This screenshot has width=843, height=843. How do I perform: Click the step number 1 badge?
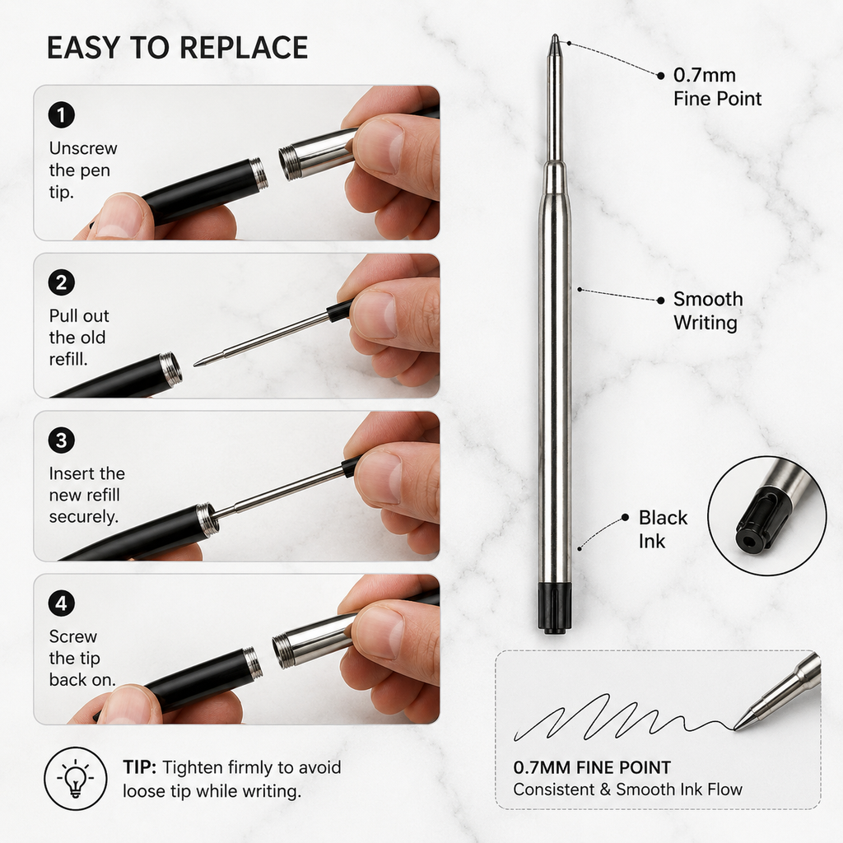tap(61, 114)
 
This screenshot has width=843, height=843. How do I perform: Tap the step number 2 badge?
tap(61, 282)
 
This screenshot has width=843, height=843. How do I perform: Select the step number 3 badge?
tap(61, 440)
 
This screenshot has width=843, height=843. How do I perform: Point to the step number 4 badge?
tap(61, 603)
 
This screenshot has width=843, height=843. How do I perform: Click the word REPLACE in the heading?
tap(243, 47)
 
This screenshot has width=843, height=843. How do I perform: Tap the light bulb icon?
tap(76, 778)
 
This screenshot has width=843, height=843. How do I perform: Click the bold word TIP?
tap(139, 767)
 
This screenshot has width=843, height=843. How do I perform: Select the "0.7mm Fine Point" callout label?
tap(717, 86)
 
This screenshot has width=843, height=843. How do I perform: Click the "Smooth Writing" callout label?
tap(708, 310)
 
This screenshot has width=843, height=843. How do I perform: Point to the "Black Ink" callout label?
tap(663, 529)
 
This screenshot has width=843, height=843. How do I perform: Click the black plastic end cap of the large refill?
tap(554, 608)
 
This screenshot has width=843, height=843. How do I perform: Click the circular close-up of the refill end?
tap(766, 516)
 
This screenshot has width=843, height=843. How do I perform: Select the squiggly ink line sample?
tap(624, 717)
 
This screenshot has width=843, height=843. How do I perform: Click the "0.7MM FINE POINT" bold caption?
tap(592, 767)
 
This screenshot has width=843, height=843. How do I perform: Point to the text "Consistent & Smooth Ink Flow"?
tap(627, 789)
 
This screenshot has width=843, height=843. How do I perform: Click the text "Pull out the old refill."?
tap(79, 337)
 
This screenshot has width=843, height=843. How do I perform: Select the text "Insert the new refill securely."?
tap(86, 495)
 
